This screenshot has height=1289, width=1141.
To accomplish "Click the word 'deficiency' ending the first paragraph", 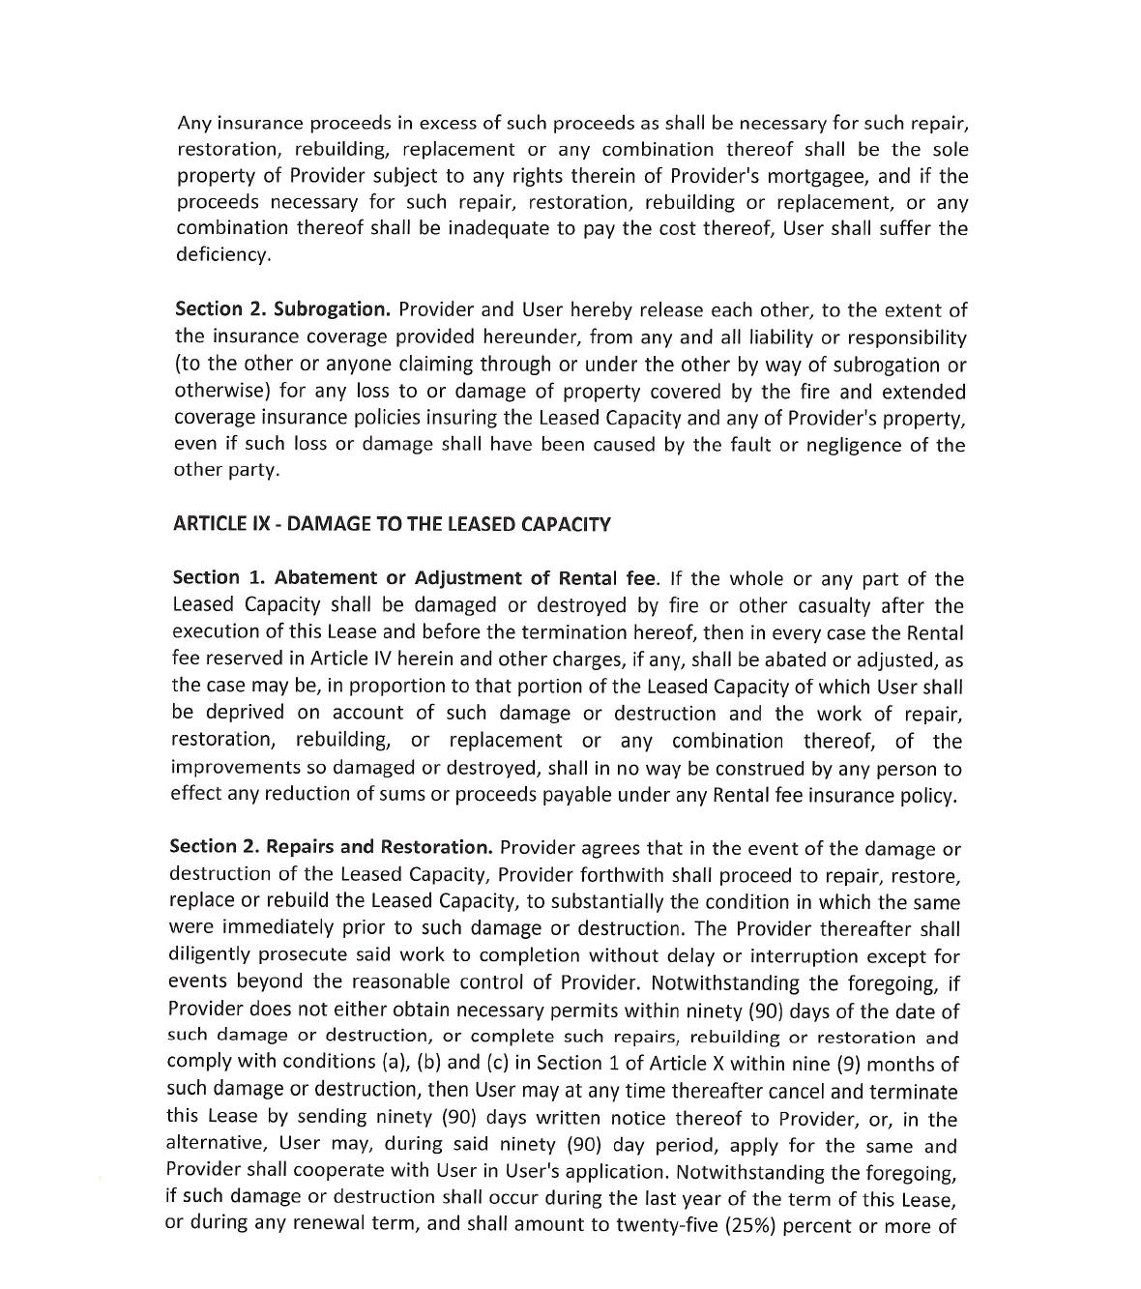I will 221,254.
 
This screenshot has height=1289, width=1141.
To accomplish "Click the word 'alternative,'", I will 218,1145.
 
